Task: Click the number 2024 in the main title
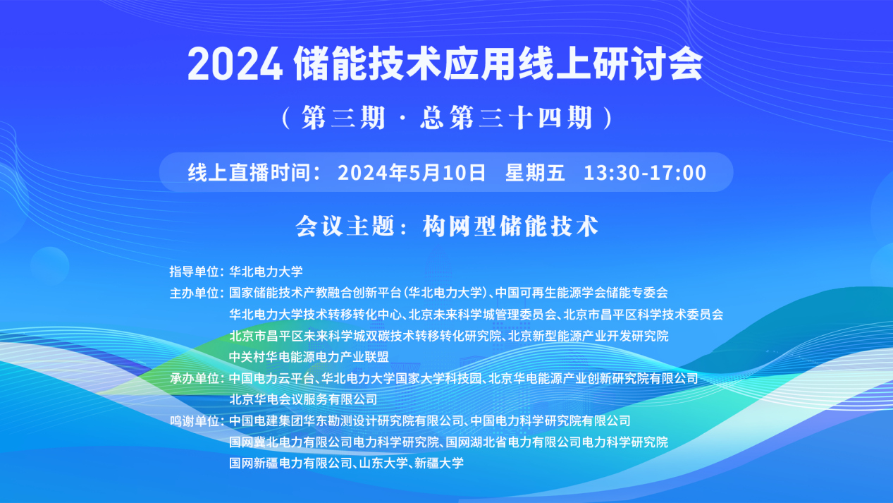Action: [x=235, y=65]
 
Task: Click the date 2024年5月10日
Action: [x=412, y=173]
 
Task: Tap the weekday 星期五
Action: [x=535, y=173]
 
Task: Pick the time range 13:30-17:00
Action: [x=644, y=173]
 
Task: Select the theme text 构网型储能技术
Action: [x=510, y=226]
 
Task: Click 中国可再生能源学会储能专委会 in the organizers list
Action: [x=581, y=293]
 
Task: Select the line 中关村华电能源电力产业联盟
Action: [x=309, y=357]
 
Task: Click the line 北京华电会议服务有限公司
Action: [x=303, y=399]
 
